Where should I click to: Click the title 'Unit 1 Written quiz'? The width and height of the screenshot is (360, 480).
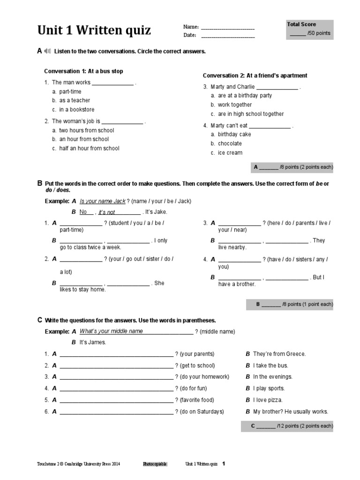[94, 31]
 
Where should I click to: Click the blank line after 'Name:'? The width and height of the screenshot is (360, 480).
[228, 28]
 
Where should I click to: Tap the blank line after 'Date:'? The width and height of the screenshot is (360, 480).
[228, 36]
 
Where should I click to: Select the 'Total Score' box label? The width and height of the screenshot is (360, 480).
[301, 24]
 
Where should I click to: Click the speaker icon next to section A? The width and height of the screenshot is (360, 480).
[47, 51]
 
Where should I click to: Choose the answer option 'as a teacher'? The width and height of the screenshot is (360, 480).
[75, 100]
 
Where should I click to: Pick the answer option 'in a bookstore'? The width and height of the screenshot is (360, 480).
[76, 110]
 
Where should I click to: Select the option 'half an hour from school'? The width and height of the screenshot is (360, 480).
[89, 149]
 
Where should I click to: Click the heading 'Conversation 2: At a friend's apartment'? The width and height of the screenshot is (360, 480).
[255, 75]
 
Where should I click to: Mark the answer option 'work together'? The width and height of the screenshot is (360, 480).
[234, 105]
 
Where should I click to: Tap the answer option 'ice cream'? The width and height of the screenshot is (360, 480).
[230, 153]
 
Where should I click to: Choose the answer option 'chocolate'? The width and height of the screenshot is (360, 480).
[230, 143]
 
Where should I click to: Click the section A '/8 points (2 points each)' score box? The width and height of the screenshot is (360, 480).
[292, 167]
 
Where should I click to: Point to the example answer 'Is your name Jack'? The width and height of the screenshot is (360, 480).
[103, 201]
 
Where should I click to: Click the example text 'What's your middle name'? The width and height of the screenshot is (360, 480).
[111, 331]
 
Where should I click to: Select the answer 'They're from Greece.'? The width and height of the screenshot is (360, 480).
[279, 354]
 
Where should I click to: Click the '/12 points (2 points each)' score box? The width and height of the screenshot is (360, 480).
[287, 426]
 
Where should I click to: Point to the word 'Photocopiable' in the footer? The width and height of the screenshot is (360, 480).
[155, 464]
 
